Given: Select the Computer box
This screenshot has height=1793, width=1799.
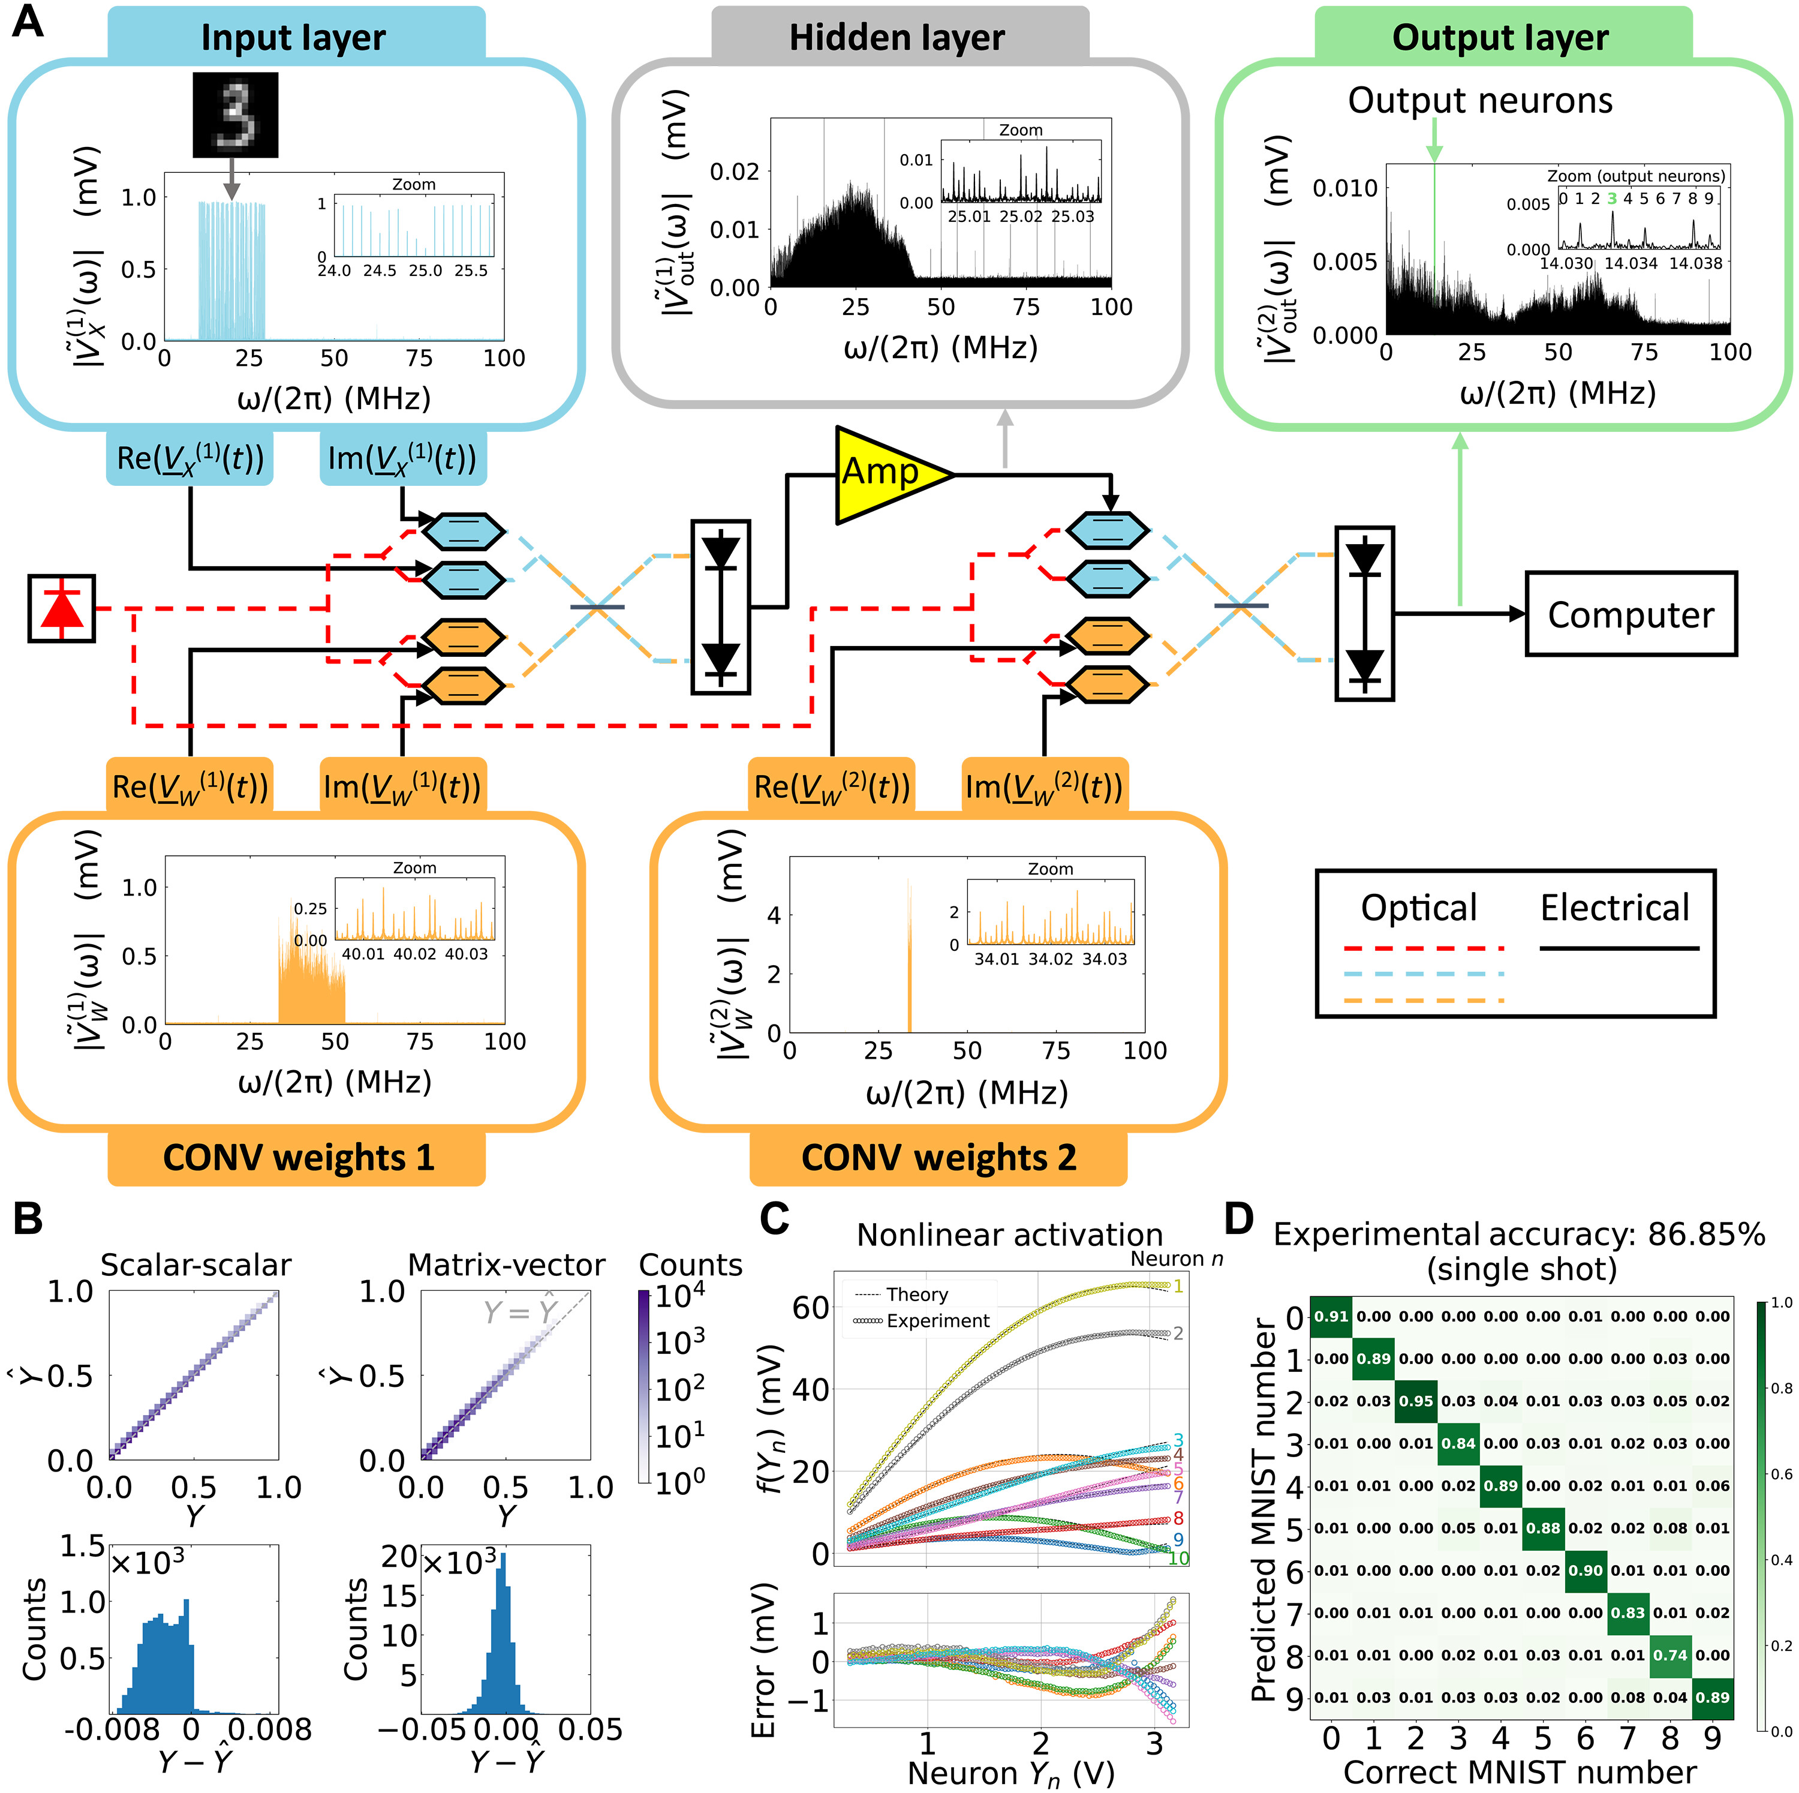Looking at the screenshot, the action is [1630, 614].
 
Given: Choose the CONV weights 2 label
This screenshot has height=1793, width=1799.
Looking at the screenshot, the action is [938, 1158].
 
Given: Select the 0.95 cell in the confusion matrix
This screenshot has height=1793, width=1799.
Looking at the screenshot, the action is [1415, 1401].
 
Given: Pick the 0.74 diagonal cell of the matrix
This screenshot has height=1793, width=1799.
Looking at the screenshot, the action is [1669, 1655].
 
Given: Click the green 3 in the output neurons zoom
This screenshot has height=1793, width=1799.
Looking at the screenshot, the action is [1612, 199].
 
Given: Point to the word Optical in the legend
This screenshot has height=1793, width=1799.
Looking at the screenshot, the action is [1418, 907].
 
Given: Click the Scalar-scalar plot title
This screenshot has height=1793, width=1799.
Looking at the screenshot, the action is [195, 1265].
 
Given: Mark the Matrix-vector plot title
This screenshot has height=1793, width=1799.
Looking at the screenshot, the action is [507, 1265].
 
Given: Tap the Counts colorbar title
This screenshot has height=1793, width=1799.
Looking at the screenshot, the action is [690, 1265].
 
